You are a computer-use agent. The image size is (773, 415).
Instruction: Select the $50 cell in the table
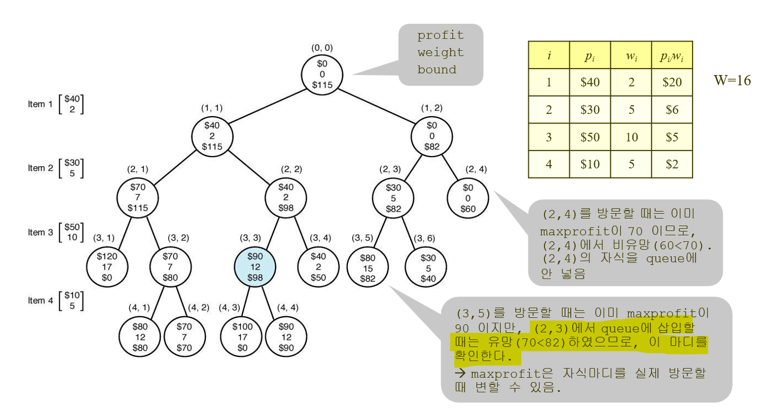589,137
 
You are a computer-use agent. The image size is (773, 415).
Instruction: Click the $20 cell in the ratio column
671,83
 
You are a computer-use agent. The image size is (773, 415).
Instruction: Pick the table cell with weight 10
631,137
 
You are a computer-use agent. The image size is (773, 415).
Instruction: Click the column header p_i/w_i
671,56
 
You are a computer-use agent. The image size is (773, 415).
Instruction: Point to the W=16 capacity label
732,80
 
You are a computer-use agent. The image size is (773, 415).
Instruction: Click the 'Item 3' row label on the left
41,232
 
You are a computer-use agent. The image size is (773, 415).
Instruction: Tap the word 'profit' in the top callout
440,36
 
